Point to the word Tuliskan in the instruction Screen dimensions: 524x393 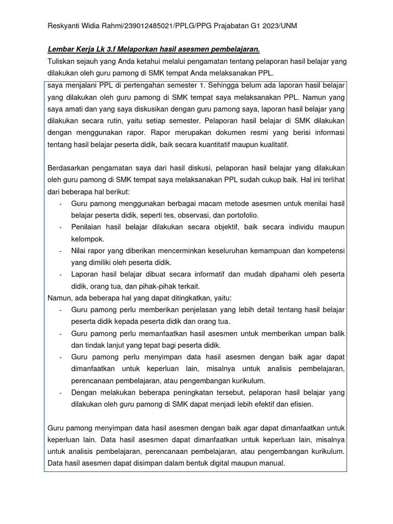[62, 61]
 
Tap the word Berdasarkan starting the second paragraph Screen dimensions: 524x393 [70, 168]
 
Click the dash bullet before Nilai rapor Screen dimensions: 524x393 [61, 251]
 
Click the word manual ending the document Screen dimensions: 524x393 [272, 463]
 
